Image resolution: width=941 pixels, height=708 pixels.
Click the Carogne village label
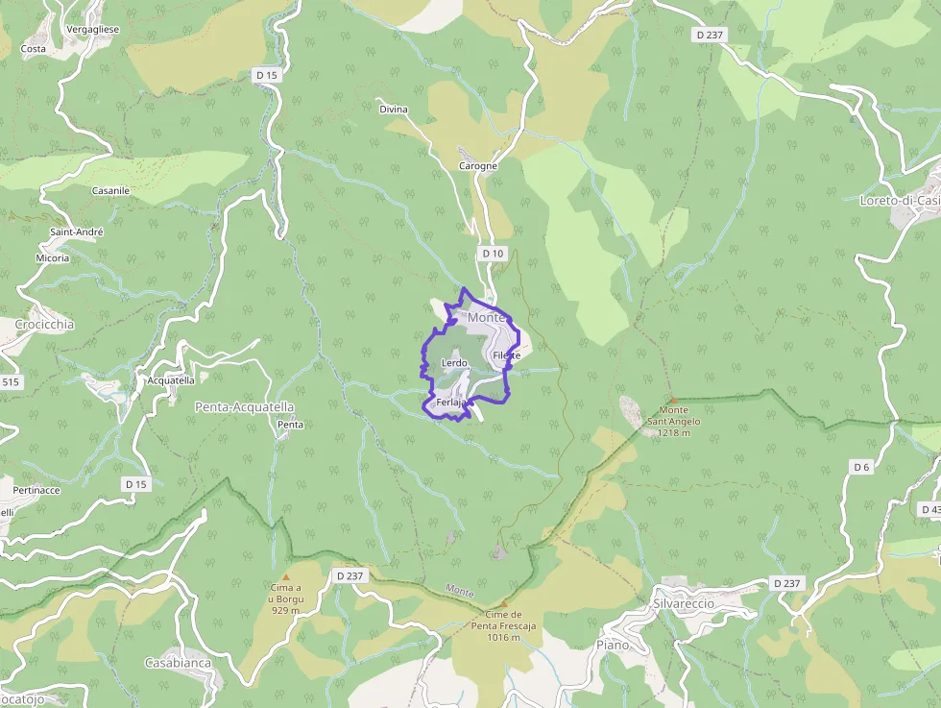pyautogui.click(x=478, y=166)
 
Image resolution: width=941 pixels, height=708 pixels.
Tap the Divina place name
pyautogui.click(x=394, y=110)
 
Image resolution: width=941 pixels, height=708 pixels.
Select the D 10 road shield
pyautogui.click(x=493, y=253)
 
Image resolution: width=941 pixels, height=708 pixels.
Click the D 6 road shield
pyautogui.click(x=861, y=467)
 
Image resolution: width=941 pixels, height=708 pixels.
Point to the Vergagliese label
pyautogui.click(x=93, y=30)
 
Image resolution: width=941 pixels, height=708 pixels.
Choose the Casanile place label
pyautogui.click(x=110, y=191)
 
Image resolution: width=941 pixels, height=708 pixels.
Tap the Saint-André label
pyautogui.click(x=77, y=232)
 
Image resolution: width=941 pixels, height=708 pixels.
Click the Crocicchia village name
pyautogui.click(x=44, y=325)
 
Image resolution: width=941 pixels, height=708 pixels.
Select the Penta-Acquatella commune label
pyautogui.click(x=244, y=407)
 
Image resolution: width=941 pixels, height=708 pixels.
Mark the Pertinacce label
pyautogui.click(x=36, y=491)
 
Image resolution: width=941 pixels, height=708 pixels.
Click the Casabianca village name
pyautogui.click(x=177, y=663)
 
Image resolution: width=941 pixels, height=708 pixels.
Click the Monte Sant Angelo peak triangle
pyautogui.click(x=673, y=401)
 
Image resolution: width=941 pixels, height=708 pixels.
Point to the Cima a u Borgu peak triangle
pyautogui.click(x=285, y=576)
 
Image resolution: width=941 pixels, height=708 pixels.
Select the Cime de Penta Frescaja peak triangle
pyautogui.click(x=503, y=604)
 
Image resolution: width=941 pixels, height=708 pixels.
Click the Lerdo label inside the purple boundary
pyautogui.click(x=453, y=363)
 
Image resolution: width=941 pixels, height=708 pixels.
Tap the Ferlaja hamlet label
pyautogui.click(x=450, y=403)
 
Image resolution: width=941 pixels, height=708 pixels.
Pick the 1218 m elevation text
pyautogui.click(x=674, y=432)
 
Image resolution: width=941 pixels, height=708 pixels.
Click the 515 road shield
pyautogui.click(x=10, y=382)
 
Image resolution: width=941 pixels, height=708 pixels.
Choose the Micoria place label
pyautogui.click(x=53, y=258)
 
